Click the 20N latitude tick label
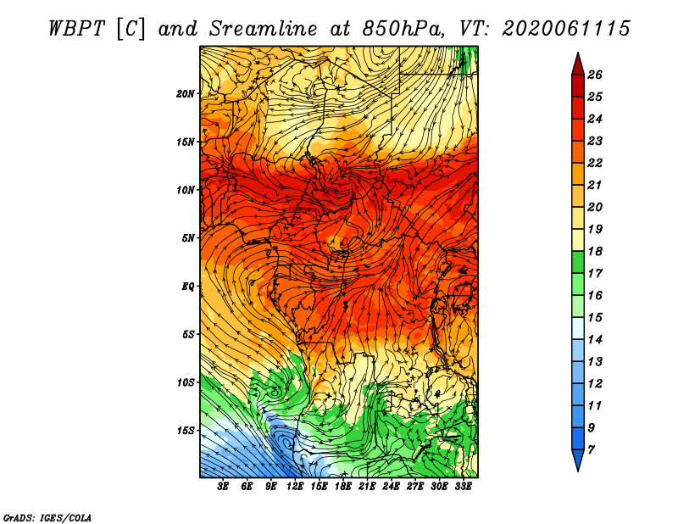click(185, 94)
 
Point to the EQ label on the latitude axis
click(188, 287)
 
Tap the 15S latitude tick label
click(185, 431)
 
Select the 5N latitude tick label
click(188, 238)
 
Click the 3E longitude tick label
click(223, 487)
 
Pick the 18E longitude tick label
click(343, 487)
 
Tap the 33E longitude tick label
click(463, 487)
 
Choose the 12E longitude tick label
click(295, 487)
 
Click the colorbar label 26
click(595, 75)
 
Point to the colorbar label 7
click(591, 450)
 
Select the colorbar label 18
click(595, 251)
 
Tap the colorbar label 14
click(595, 340)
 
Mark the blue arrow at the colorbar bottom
click(578, 459)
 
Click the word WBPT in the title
click(76, 29)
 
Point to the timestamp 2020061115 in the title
click(566, 29)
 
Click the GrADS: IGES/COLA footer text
click(47, 518)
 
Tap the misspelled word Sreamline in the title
click(264, 29)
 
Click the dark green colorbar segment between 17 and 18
click(578, 262)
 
